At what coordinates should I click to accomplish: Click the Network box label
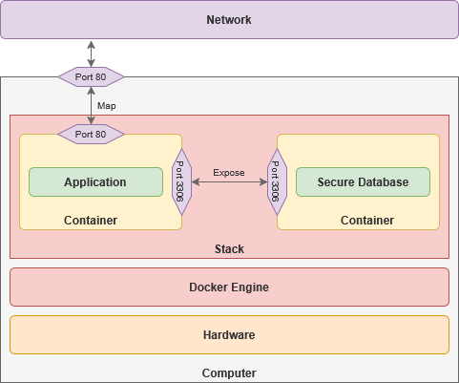pos(229,20)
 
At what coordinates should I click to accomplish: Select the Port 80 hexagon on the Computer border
pos(91,76)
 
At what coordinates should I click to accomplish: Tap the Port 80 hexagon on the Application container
pos(91,134)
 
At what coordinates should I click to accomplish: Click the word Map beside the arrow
pos(107,106)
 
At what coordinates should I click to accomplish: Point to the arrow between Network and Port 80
pos(92,53)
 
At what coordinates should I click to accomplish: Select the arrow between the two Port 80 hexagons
pos(92,105)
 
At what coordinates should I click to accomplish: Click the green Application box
pos(95,181)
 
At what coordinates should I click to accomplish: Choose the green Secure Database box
pos(363,181)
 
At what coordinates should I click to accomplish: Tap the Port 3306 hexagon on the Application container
pos(181,181)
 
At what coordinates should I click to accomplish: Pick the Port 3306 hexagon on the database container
pos(277,181)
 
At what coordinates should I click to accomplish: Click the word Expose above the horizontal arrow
pos(229,173)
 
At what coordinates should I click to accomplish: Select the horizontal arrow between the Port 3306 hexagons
pos(229,181)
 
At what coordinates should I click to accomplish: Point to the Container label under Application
pos(91,221)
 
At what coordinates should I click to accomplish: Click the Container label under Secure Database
pos(367,221)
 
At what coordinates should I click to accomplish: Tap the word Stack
pos(229,249)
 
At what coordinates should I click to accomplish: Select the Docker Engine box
pos(229,287)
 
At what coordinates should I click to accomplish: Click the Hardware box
pos(229,334)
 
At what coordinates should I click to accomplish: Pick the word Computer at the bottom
pos(229,373)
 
